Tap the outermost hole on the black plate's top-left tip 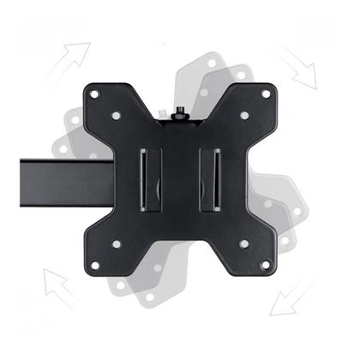pos(93,93)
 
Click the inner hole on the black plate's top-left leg pos(117,115)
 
